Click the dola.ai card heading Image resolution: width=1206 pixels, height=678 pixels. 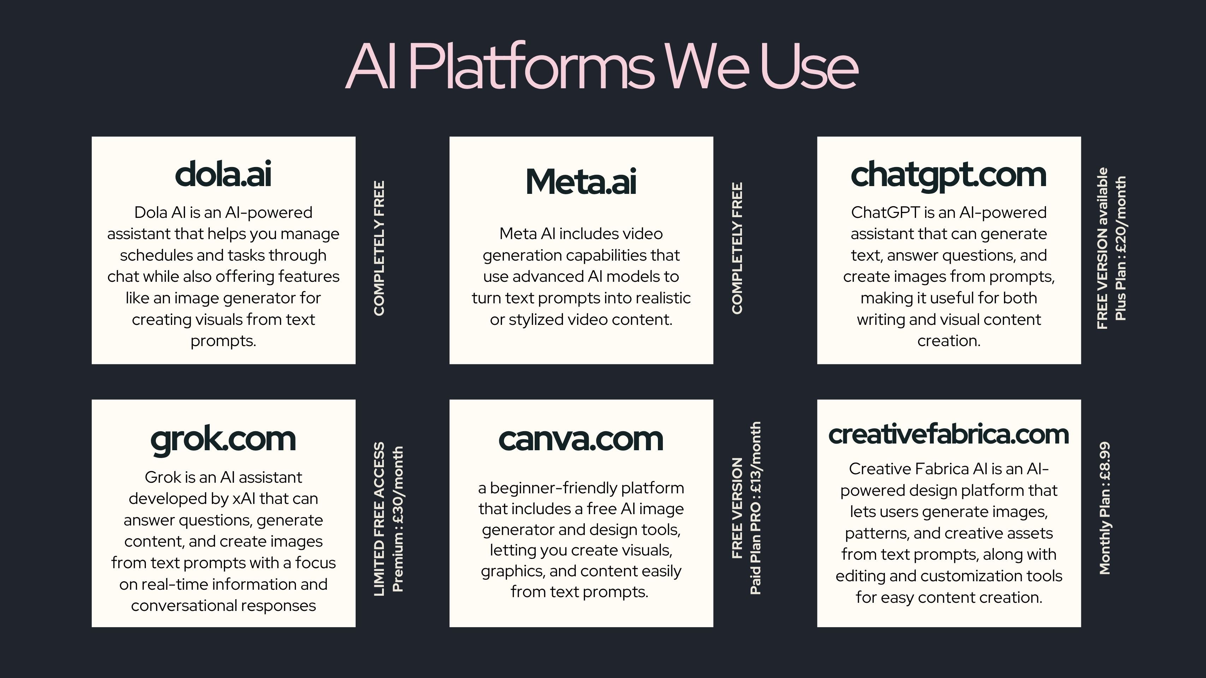223,174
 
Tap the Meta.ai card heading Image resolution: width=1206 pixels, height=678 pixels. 581,182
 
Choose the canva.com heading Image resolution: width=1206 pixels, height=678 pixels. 581,440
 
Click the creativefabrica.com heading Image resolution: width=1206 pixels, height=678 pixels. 949,434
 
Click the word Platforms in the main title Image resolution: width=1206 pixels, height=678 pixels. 531,66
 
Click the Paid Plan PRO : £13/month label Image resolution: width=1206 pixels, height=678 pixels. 755,509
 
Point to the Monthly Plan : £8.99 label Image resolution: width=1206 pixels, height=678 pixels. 1104,508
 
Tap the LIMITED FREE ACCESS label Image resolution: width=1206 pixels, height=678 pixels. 379,519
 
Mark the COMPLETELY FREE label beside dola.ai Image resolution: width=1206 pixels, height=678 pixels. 379,249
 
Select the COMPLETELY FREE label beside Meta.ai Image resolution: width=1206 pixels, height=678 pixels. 737,249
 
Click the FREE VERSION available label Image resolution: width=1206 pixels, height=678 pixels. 1103,249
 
